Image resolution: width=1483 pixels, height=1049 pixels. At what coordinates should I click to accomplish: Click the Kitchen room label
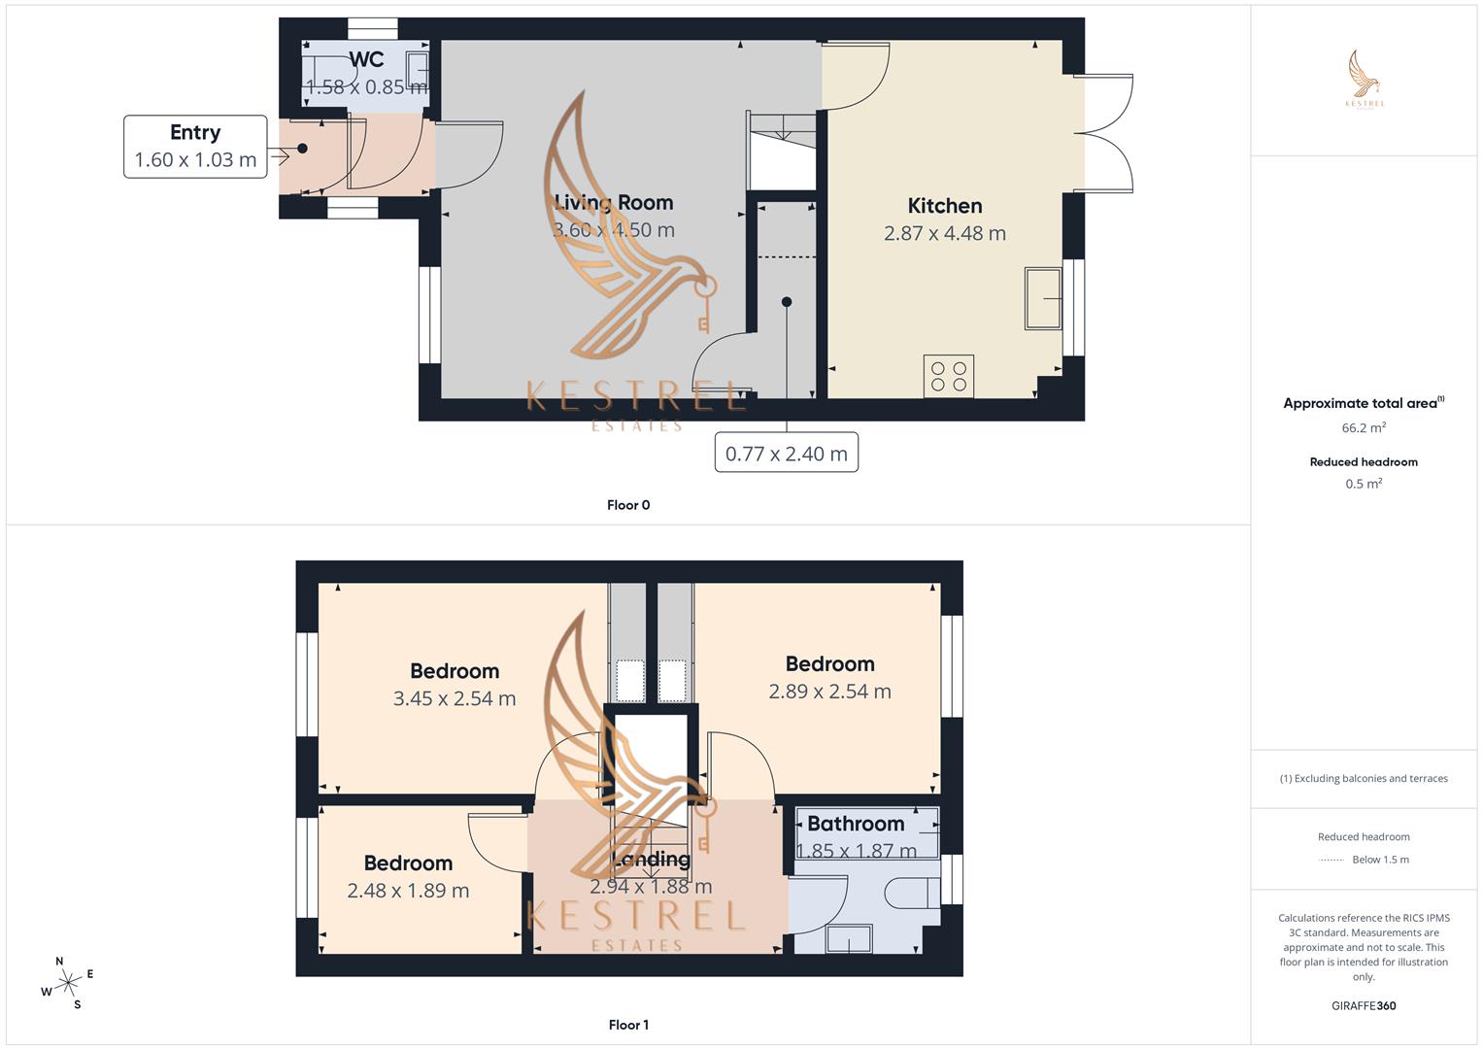click(944, 206)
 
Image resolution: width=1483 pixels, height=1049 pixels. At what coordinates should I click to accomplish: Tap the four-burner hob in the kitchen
click(948, 377)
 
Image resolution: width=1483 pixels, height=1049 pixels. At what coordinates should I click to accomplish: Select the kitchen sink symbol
click(1043, 298)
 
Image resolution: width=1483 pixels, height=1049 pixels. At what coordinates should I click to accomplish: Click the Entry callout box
click(195, 147)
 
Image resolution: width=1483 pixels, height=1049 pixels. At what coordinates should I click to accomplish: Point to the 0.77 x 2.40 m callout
click(786, 454)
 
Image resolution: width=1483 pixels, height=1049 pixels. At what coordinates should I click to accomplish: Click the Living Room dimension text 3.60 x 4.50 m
click(614, 230)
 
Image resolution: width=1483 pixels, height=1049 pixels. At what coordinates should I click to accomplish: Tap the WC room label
click(366, 59)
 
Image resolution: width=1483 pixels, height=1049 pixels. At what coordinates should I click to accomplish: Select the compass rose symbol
click(67, 983)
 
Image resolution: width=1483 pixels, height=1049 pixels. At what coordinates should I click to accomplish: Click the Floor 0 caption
click(628, 505)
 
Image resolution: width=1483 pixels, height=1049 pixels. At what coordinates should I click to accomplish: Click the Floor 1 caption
click(628, 1025)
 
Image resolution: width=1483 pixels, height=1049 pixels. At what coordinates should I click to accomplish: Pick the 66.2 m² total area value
click(1364, 427)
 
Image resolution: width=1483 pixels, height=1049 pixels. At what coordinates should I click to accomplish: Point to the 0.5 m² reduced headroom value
click(1364, 484)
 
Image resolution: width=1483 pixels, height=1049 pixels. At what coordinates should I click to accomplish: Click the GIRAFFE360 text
click(1364, 1006)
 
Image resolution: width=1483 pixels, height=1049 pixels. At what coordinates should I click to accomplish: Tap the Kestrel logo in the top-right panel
click(1364, 79)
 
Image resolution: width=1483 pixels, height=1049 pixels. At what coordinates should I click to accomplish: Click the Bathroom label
click(856, 824)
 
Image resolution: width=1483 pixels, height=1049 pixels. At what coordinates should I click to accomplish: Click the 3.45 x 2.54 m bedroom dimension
click(455, 698)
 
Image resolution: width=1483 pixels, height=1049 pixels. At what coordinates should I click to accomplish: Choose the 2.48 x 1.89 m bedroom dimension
click(408, 891)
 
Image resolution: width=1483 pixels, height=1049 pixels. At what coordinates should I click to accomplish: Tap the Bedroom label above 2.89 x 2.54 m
click(829, 664)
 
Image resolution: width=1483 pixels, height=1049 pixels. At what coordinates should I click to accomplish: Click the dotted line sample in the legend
click(1331, 860)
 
